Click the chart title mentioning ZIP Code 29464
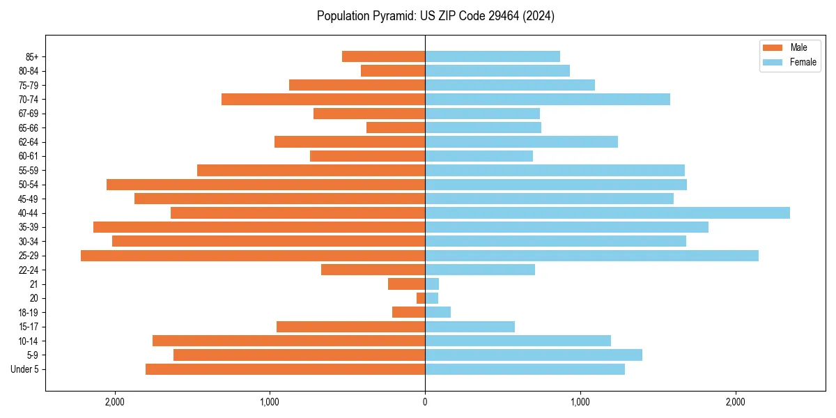click(435, 16)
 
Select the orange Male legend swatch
click(773, 47)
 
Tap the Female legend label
click(803, 62)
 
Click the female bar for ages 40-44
click(607, 213)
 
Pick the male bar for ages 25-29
click(253, 256)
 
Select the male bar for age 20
click(421, 298)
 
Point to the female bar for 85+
click(493, 56)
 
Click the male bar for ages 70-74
click(323, 100)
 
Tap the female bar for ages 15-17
click(470, 327)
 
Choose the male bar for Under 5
click(285, 369)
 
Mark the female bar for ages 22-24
click(480, 270)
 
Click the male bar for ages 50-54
click(265, 185)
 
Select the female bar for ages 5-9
click(534, 355)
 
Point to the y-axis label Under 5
click(25, 369)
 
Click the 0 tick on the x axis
click(425, 402)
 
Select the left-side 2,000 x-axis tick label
click(114, 402)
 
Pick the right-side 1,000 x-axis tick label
click(580, 402)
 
